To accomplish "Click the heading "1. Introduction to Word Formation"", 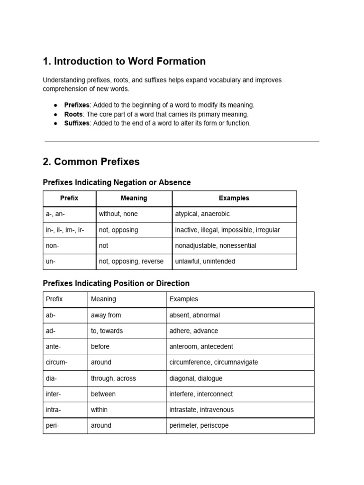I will click(124, 61).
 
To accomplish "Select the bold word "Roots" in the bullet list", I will click(73, 114).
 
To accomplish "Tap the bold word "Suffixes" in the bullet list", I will click(77, 123).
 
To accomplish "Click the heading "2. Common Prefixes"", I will click(91, 162).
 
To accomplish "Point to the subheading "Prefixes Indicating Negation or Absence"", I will click(117, 182).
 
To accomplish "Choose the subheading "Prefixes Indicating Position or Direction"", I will click(116, 283).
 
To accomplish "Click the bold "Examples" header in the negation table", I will click(234, 198).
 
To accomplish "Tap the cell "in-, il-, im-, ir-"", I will click(65, 230).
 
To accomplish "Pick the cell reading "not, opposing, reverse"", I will click(131, 261).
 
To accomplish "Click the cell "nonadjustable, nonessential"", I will click(216, 246).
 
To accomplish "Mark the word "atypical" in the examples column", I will click(187, 214).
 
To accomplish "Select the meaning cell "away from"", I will click(106, 315).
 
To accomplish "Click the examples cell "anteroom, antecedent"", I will click(201, 347).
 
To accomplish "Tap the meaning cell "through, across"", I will click(113, 378).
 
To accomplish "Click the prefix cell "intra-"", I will click(54, 410).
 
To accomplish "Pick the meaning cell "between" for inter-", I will click(103, 394).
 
